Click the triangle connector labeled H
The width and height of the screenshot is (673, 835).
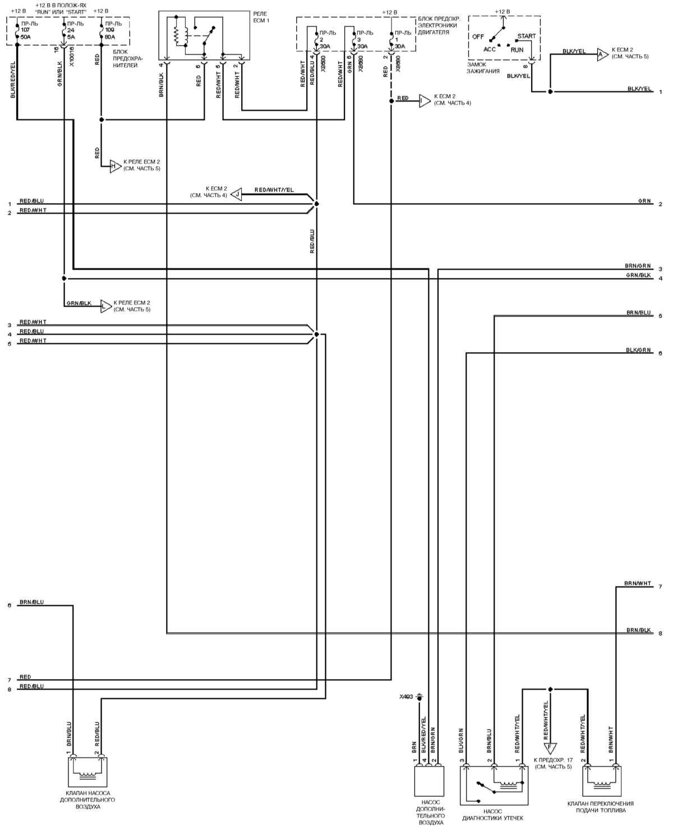pos(114,165)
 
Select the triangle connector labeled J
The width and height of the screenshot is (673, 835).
pos(237,195)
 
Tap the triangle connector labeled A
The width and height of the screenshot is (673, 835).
pos(601,54)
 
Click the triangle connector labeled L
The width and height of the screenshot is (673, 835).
pos(105,306)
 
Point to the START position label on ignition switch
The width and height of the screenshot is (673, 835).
pos(526,36)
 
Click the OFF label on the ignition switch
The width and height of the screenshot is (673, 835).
pos(478,36)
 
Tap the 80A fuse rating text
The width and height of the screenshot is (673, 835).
pos(110,37)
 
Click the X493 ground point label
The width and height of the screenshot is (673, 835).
pos(405,696)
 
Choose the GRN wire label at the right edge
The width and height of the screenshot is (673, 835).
pos(644,201)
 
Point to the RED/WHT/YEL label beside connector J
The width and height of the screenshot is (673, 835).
pos(274,190)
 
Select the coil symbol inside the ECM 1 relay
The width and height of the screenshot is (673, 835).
pos(177,36)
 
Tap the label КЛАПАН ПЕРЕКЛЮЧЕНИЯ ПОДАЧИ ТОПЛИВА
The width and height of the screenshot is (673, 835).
pos(600,807)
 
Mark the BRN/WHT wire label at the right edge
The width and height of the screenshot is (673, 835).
pos(638,583)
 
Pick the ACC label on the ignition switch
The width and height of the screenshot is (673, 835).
pos(490,49)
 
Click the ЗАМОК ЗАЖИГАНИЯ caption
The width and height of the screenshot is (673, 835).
pos(484,68)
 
